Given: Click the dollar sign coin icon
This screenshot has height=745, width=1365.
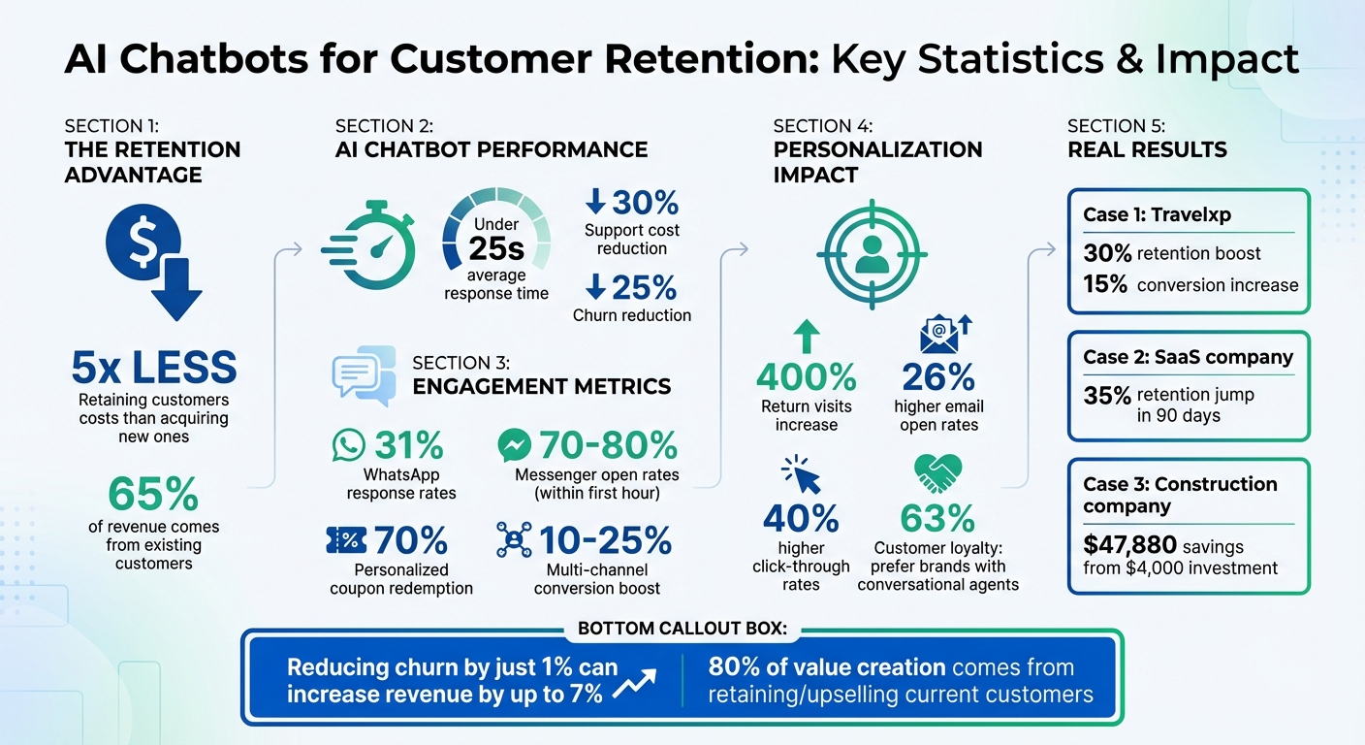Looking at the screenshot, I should [143, 244].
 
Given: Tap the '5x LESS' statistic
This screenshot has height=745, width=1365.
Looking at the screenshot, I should [153, 368].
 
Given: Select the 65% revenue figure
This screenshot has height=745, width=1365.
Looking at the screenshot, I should [153, 494].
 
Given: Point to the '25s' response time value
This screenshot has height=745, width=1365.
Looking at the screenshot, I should [495, 248].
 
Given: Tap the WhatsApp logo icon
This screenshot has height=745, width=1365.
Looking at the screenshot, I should [347, 445].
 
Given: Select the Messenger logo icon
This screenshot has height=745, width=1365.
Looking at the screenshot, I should [513, 445].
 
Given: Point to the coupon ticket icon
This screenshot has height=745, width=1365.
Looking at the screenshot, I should [346, 539].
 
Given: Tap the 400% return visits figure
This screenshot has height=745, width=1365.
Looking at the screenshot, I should [806, 376].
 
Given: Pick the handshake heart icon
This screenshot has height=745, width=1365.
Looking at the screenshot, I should [937, 474].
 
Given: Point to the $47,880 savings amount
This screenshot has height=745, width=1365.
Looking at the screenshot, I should [1129, 545].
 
